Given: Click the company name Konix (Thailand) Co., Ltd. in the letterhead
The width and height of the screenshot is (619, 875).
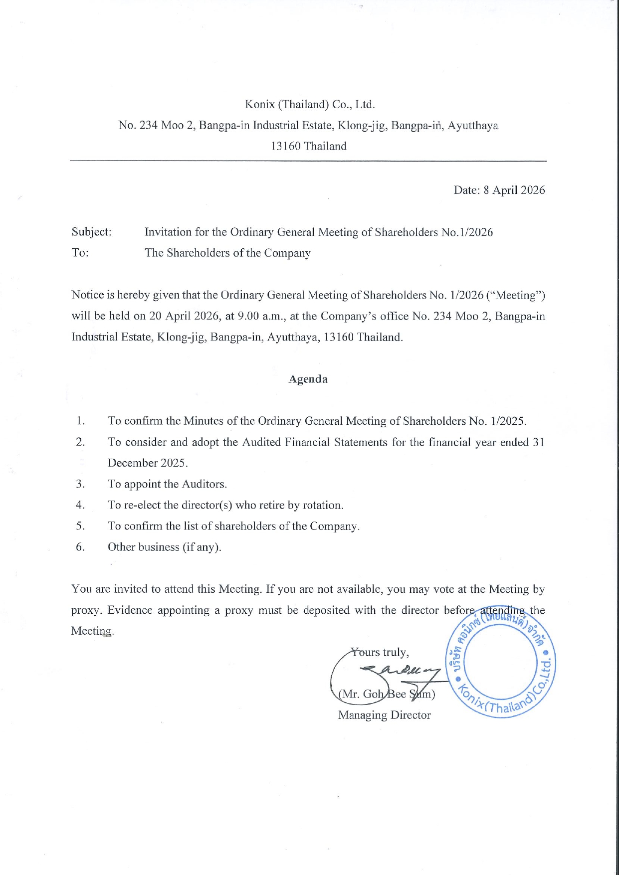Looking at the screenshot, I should pyautogui.click(x=309, y=105).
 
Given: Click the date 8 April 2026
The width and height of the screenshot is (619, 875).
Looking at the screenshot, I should pyautogui.click(x=514, y=190).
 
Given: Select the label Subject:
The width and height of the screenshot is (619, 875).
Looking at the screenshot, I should pyautogui.click(x=91, y=232).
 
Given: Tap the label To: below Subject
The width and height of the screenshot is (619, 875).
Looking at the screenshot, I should pyautogui.click(x=80, y=253).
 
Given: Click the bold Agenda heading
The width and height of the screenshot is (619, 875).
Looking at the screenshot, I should pyautogui.click(x=308, y=379).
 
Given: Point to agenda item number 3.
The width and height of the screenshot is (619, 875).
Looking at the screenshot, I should pyautogui.click(x=80, y=484).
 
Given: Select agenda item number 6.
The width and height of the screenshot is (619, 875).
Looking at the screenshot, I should pyautogui.click(x=80, y=547).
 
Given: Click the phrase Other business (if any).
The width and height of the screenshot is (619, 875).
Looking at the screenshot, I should pyautogui.click(x=165, y=547).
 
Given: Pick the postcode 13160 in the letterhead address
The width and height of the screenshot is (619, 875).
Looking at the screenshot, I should pyautogui.click(x=286, y=147).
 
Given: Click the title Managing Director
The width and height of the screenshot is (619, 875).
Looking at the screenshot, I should pyautogui.click(x=384, y=715).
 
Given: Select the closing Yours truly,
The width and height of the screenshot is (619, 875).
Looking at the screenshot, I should pyautogui.click(x=380, y=653).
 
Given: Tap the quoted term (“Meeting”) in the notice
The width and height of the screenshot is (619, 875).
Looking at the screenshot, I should pyautogui.click(x=515, y=295).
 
